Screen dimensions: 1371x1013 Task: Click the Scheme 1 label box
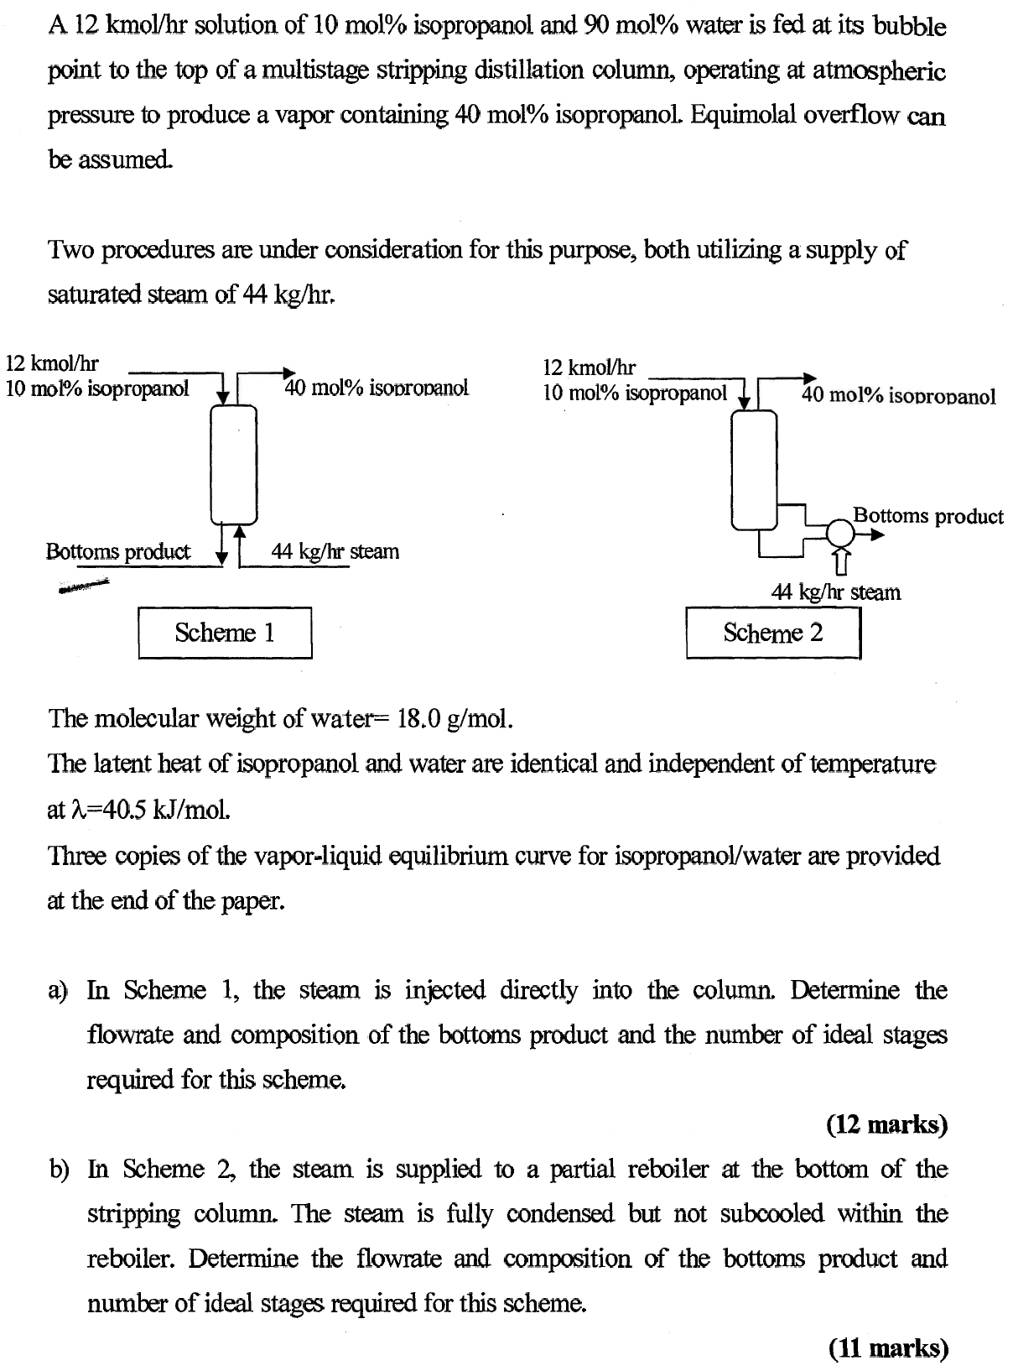(225, 633)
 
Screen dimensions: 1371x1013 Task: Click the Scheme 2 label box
(773, 633)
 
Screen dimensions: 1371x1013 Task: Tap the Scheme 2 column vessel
(754, 470)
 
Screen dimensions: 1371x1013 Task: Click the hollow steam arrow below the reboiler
(841, 561)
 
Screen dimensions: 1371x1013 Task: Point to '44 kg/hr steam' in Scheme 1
(335, 552)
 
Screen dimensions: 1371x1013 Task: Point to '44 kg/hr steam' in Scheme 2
(835, 592)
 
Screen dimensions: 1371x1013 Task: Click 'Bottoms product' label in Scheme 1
(117, 552)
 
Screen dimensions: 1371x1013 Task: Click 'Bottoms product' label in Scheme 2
(927, 515)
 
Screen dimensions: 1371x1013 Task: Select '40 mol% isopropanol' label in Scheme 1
(377, 388)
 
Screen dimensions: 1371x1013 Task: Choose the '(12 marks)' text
(886, 1124)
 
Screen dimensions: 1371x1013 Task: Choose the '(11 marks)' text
(887, 1348)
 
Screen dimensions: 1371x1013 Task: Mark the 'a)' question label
(58, 991)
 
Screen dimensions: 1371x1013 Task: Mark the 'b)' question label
(58, 1170)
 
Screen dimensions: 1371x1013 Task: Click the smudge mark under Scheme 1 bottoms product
(85, 585)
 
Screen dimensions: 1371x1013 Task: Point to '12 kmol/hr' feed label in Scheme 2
(590, 368)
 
